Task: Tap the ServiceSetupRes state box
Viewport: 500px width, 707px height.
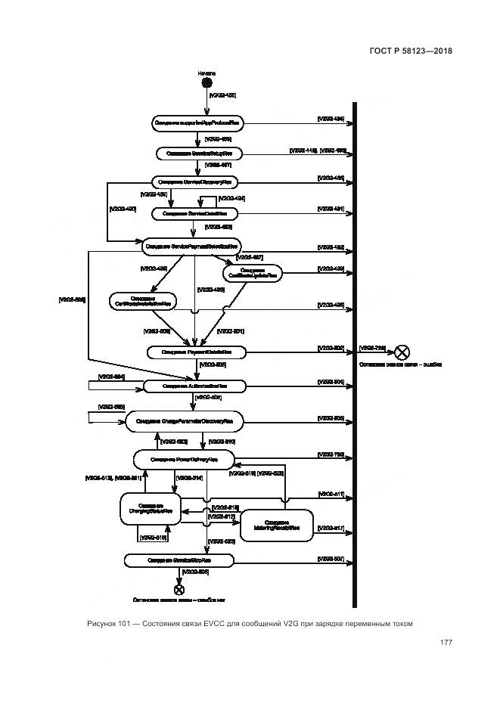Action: click(200, 153)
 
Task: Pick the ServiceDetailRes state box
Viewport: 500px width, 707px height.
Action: click(200, 214)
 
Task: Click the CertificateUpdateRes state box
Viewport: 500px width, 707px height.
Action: click(253, 273)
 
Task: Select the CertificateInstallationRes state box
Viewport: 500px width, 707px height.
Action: click(141, 301)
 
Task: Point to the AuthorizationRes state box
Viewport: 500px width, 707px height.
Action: click(195, 386)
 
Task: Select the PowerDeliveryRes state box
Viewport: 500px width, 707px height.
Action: click(184, 459)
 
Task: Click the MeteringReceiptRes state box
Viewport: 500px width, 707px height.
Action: click(276, 526)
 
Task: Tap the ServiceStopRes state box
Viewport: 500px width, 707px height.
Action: click(179, 560)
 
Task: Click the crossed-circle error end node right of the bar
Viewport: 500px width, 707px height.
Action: click(402, 352)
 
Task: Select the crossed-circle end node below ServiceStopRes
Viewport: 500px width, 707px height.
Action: click(179, 590)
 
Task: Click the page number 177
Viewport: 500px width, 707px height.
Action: click(446, 643)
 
